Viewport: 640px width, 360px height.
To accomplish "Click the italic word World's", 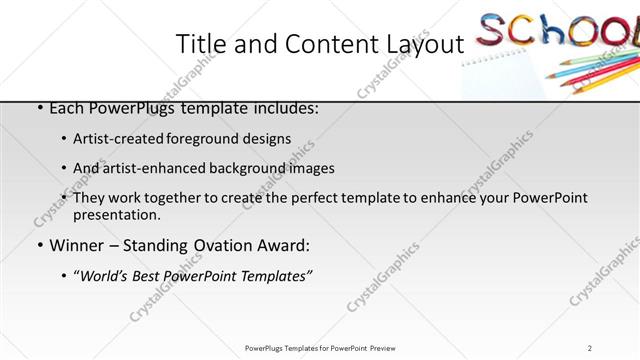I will coord(105,276).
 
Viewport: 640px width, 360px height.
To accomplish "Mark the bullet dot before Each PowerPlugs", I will coord(37,108).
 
